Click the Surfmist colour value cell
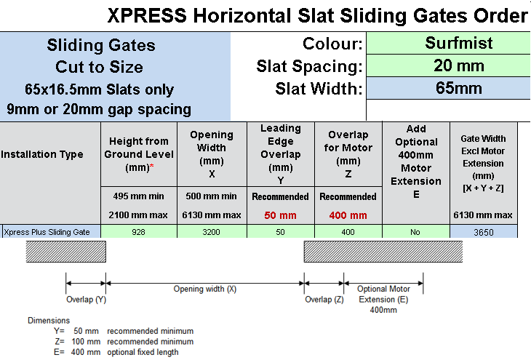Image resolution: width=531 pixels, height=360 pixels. coord(448,43)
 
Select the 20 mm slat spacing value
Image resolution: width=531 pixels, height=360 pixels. coord(448,65)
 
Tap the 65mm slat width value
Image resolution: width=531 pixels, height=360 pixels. coord(448,88)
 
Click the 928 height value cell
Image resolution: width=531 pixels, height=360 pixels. coord(139,232)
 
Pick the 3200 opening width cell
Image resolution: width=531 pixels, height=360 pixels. coord(212,232)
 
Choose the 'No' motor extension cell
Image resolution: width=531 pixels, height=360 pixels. coord(415,232)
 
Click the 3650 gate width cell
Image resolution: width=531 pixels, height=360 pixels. coord(483,232)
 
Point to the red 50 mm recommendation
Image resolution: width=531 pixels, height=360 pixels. coord(280,215)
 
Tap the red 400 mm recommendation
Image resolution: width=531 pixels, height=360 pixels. coord(348,215)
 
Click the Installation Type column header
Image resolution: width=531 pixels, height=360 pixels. coord(42,154)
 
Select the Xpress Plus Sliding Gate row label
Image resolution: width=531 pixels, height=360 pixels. coord(47,232)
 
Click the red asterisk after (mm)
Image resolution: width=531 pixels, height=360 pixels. coord(152,166)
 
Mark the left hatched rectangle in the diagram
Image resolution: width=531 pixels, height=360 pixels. coord(66,252)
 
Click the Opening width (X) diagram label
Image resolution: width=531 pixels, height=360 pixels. coord(205,289)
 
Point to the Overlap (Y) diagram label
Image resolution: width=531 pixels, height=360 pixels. coord(86,300)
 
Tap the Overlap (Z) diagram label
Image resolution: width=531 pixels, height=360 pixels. coord(324,300)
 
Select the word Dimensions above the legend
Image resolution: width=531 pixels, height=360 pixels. coord(49,321)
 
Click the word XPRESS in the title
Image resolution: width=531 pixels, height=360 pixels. coord(148,15)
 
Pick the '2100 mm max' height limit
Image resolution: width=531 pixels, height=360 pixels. coord(138,215)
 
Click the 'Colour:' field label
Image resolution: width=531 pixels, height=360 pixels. coord(332,44)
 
